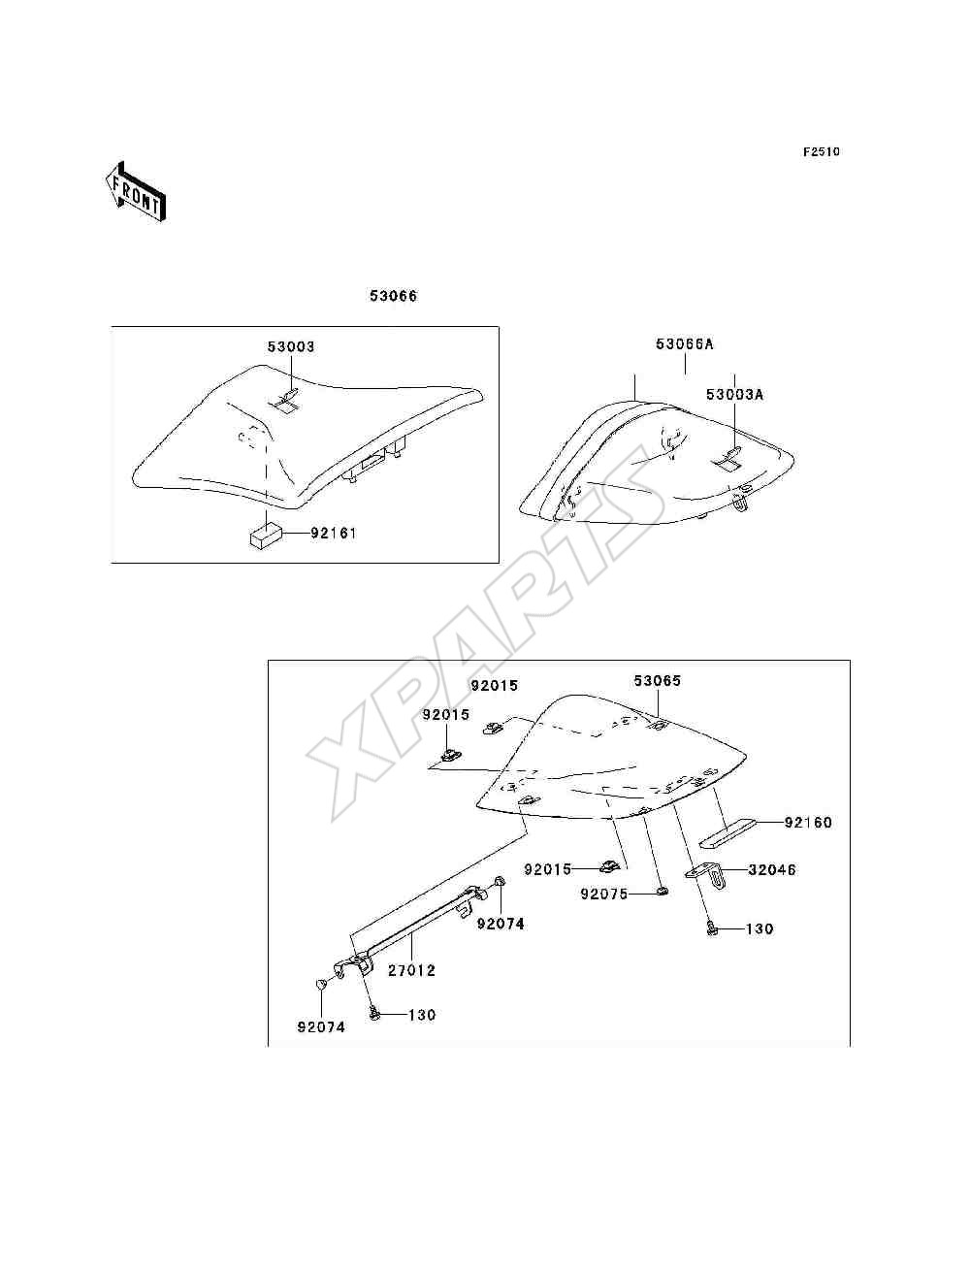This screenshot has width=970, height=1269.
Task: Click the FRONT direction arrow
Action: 137,192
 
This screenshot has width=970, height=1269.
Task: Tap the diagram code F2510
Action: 821,152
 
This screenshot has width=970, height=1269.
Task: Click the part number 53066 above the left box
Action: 393,296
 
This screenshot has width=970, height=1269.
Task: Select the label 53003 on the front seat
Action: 291,347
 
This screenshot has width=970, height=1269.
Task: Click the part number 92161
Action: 334,533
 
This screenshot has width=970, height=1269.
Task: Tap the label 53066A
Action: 685,344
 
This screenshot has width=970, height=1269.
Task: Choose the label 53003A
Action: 734,394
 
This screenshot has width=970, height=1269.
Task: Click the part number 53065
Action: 658,681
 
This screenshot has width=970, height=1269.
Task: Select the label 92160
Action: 808,822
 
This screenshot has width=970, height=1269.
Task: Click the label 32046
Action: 772,869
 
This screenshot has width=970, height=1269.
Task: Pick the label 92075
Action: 604,895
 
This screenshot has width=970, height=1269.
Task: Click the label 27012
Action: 411,971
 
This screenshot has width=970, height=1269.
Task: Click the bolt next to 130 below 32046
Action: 712,929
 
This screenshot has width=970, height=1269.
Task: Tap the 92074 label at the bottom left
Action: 321,1027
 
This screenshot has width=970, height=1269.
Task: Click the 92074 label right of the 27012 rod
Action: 501,925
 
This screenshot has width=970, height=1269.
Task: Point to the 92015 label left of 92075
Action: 548,869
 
